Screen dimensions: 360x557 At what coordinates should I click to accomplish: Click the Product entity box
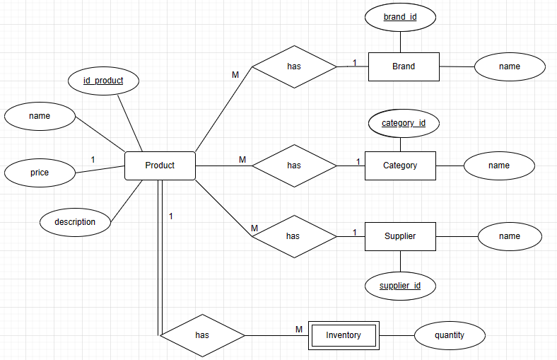click(160, 166)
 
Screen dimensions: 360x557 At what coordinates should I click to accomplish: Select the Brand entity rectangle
click(404, 66)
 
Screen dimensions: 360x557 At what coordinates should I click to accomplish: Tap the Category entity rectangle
click(400, 166)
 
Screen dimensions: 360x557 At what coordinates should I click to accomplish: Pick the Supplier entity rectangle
click(400, 236)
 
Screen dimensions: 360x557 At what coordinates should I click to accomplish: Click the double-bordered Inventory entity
click(344, 335)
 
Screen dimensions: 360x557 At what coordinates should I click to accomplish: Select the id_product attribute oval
click(103, 81)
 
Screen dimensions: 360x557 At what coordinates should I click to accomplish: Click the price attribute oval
click(40, 173)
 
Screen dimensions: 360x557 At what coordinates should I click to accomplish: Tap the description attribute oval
click(76, 222)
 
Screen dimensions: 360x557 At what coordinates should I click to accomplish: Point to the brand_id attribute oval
click(400, 16)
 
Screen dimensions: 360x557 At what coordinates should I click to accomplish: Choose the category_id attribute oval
click(404, 123)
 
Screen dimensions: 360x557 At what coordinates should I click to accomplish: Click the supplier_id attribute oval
click(400, 286)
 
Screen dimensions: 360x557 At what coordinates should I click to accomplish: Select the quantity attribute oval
click(450, 335)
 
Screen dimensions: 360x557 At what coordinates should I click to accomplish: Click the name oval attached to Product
click(40, 116)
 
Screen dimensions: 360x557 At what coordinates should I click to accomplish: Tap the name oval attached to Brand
click(509, 66)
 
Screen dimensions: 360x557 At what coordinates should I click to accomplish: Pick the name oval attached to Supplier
click(509, 236)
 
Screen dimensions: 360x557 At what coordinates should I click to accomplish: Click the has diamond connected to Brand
click(295, 66)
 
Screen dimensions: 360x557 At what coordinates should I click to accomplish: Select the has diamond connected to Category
click(294, 166)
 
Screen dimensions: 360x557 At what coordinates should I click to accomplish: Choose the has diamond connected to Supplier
click(293, 236)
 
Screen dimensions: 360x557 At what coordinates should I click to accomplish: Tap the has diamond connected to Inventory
click(202, 335)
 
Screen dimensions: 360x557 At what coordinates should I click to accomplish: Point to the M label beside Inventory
click(299, 329)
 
